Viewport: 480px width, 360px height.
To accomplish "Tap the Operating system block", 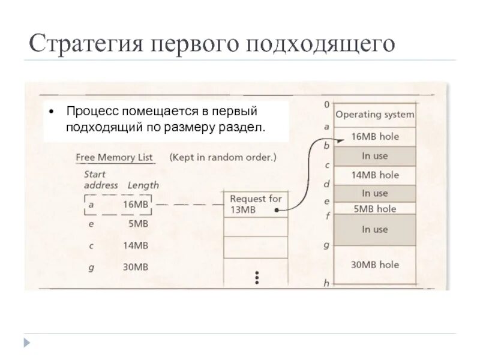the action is point(374,115).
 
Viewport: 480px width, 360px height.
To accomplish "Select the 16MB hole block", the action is point(374,136).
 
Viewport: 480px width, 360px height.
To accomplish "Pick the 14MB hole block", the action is point(374,175).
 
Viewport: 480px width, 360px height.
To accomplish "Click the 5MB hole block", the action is point(374,209).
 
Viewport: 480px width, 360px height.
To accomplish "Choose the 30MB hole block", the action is point(374,264).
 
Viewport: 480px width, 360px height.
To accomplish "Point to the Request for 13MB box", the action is point(255,205).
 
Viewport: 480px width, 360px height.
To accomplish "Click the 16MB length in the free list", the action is point(135,204).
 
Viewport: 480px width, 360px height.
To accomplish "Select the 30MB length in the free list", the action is point(135,267).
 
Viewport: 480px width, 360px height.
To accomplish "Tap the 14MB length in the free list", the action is point(135,245).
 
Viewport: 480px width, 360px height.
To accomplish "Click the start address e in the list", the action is point(91,224).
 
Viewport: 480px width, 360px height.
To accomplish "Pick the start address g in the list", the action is point(91,268).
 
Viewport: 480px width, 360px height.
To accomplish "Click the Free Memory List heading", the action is point(114,157).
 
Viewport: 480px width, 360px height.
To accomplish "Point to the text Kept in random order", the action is point(223,157).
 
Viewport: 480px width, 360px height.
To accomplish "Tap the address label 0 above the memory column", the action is point(326,104).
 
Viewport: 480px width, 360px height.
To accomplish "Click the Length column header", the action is point(143,185).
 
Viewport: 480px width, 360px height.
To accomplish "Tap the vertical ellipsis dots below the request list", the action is point(256,278).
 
